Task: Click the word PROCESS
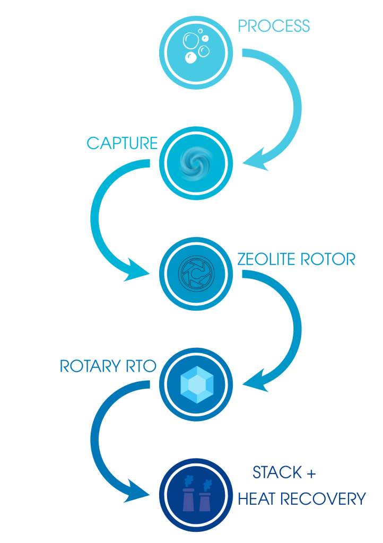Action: click(274, 26)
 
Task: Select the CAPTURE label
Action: click(122, 143)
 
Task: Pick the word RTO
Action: click(142, 366)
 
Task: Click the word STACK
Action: click(277, 472)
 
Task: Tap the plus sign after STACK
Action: click(311, 472)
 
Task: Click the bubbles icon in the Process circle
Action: click(196, 46)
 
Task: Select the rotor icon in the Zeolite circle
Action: click(196, 274)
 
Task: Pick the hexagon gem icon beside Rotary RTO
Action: click(196, 383)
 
